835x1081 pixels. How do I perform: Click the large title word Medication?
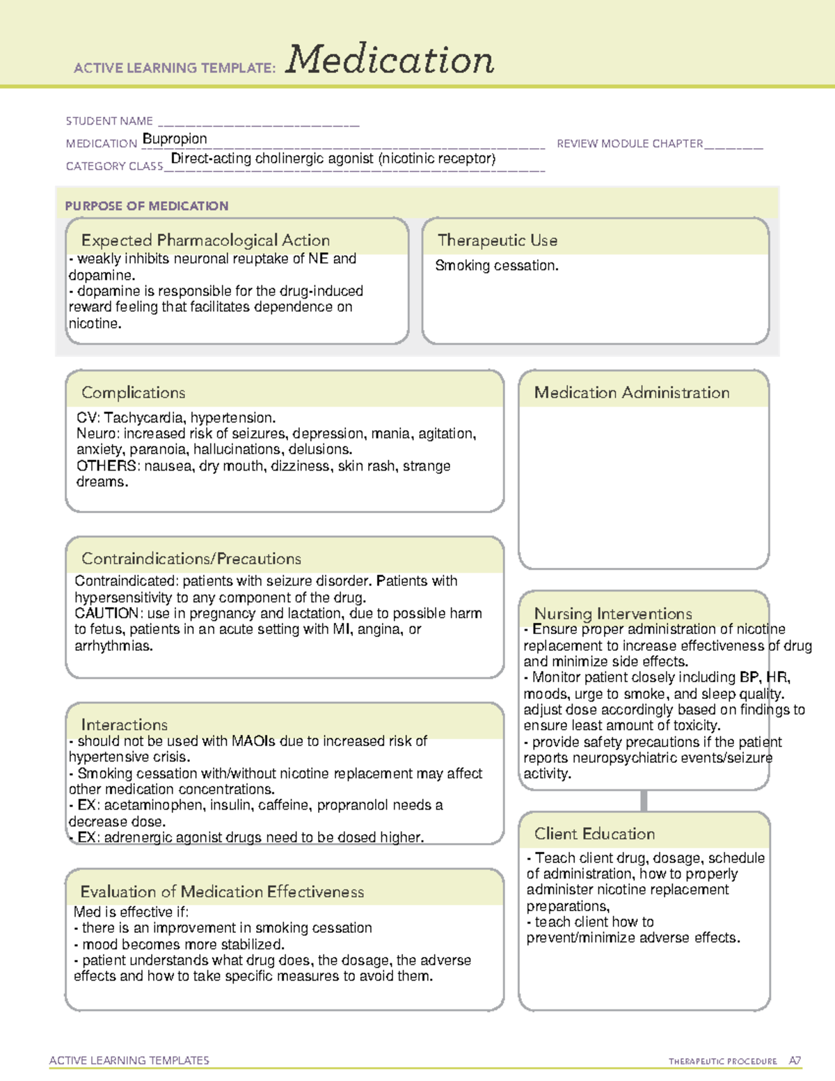click(x=390, y=60)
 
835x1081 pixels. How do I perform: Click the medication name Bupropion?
click(x=175, y=139)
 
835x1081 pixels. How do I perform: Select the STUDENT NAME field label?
click(x=109, y=121)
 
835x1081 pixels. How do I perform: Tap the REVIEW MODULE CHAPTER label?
click(x=630, y=143)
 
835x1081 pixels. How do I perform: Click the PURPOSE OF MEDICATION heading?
click(x=147, y=206)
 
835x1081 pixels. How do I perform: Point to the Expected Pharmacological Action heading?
click(x=205, y=240)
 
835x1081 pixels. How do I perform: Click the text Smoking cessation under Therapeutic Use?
click(x=496, y=265)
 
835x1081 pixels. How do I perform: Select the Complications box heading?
click(x=134, y=393)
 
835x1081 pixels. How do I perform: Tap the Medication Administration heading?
click(x=632, y=393)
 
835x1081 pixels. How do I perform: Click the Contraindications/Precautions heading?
click(x=191, y=558)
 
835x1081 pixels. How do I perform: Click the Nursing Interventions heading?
click(x=613, y=613)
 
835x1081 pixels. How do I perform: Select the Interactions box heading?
click(x=125, y=725)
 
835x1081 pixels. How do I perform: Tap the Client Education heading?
click(x=595, y=834)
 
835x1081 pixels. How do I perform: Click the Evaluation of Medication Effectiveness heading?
click(x=222, y=892)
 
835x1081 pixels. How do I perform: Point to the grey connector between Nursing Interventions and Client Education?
click(x=644, y=800)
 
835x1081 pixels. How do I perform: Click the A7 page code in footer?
click(x=795, y=1061)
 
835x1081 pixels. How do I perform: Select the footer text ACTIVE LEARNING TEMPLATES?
click(x=129, y=1060)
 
